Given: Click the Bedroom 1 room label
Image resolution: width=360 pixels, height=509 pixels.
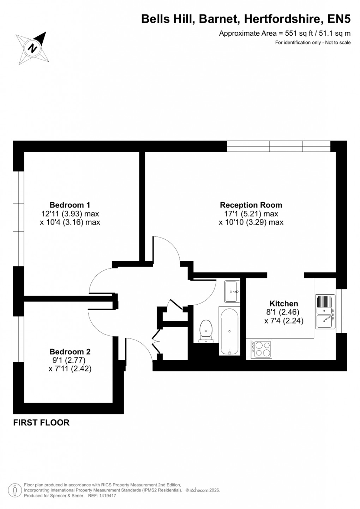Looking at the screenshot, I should [x=70, y=205].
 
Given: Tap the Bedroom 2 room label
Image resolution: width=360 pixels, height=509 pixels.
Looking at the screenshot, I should [x=70, y=352].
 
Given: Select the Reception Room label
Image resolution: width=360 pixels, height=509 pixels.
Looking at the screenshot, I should [x=251, y=205].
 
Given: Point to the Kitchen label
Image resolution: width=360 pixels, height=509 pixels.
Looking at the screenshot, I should [x=284, y=304].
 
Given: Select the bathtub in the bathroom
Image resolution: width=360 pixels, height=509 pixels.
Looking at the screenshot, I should [x=230, y=331].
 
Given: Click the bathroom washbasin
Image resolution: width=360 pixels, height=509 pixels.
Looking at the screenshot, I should [x=232, y=291].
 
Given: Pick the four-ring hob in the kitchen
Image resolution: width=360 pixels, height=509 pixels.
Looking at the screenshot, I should [x=261, y=348].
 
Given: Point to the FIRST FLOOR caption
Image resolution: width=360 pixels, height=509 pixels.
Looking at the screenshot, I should [x=41, y=423].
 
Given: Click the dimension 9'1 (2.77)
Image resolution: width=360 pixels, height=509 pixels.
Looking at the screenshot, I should [x=69, y=360].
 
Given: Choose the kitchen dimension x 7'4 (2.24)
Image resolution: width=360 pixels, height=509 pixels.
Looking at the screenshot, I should [x=284, y=321].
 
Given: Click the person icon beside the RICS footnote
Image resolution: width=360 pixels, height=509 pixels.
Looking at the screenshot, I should [x=15, y=490].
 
